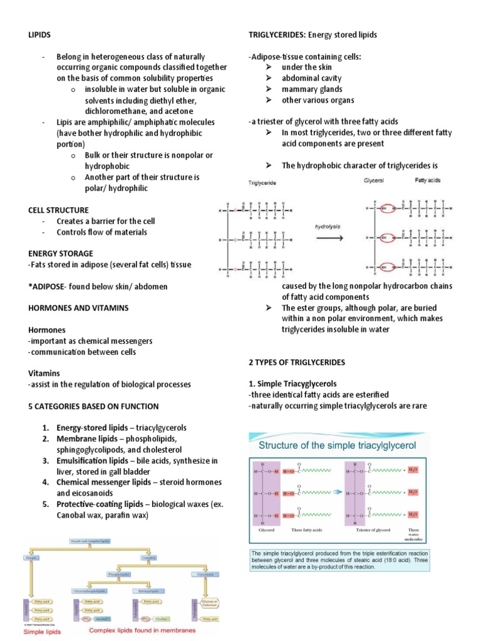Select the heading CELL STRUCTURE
(58, 210)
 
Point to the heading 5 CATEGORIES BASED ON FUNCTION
(93, 406)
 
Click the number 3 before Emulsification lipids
(46, 461)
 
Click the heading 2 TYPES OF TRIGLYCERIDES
(297, 362)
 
